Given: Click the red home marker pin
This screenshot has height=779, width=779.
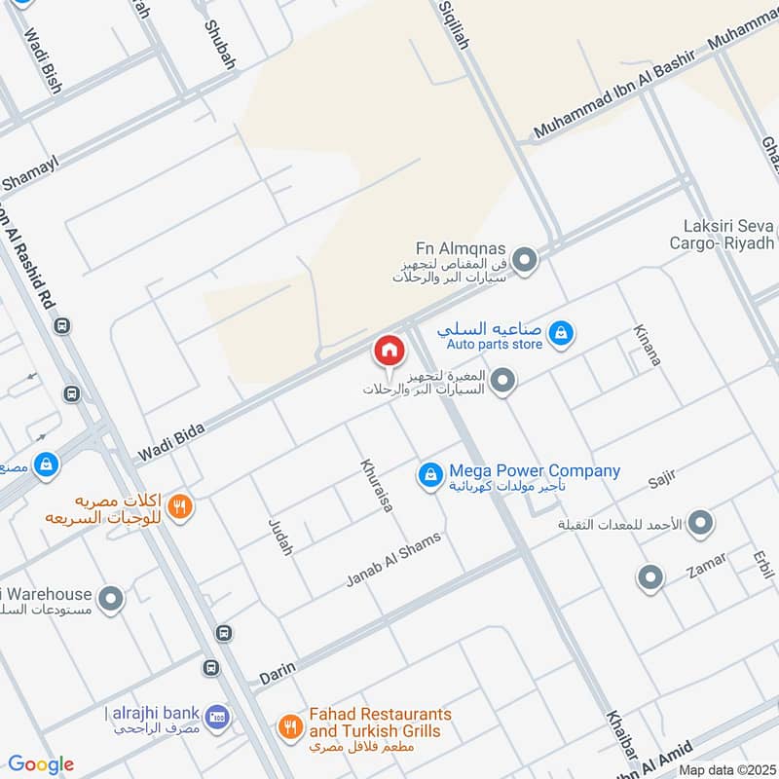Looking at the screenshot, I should pyautogui.click(x=389, y=351).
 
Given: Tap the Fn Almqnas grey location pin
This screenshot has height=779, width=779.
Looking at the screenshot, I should pyautogui.click(x=525, y=260).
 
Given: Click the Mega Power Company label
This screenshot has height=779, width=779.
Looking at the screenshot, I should pyautogui.click(x=534, y=471).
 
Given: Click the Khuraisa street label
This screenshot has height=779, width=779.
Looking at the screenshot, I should pyautogui.click(x=375, y=485).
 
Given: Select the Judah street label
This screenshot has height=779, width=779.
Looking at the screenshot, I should pyautogui.click(x=279, y=537).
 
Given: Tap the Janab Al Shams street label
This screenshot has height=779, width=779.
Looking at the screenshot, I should pyautogui.click(x=393, y=560).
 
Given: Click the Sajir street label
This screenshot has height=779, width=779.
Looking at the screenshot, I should pyautogui.click(x=660, y=479).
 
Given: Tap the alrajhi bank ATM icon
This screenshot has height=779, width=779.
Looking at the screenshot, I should pyautogui.click(x=218, y=717).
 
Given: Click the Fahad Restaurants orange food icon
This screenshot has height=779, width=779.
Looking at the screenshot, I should pyautogui.click(x=289, y=725).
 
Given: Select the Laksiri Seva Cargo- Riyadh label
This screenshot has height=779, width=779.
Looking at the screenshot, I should pyautogui.click(x=722, y=234).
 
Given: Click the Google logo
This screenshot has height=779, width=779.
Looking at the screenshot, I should pyautogui.click(x=41, y=764).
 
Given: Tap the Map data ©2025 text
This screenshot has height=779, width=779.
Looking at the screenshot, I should pyautogui.click(x=725, y=770).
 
